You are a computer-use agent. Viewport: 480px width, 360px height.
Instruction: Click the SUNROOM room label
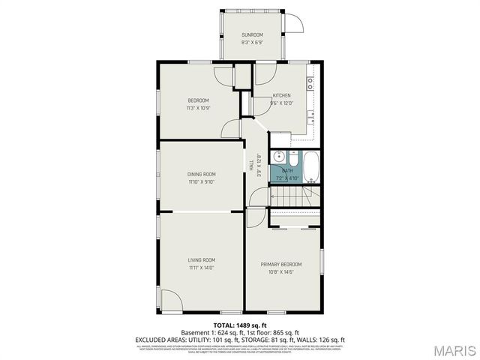pyautogui.click(x=252, y=35)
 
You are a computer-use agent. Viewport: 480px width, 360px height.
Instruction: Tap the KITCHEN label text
pyautogui.click(x=282, y=95)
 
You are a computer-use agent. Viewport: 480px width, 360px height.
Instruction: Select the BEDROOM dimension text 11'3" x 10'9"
pyautogui.click(x=198, y=108)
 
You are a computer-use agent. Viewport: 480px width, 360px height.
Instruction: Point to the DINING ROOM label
pyautogui.click(x=202, y=174)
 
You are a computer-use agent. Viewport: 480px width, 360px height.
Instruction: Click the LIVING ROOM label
pyautogui.click(x=202, y=259)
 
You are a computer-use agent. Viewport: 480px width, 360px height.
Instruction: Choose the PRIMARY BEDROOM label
pyautogui.click(x=281, y=264)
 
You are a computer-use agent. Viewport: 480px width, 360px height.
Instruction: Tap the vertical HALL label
pyautogui.click(x=250, y=166)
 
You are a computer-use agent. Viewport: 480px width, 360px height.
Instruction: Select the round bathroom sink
pyautogui.click(x=278, y=157)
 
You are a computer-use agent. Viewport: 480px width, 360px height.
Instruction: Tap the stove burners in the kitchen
pyautogui.click(x=310, y=82)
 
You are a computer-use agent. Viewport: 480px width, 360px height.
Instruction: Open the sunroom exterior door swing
pyautogui.click(x=294, y=23)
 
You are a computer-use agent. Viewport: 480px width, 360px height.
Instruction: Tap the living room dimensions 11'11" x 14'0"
pyautogui.click(x=202, y=268)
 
